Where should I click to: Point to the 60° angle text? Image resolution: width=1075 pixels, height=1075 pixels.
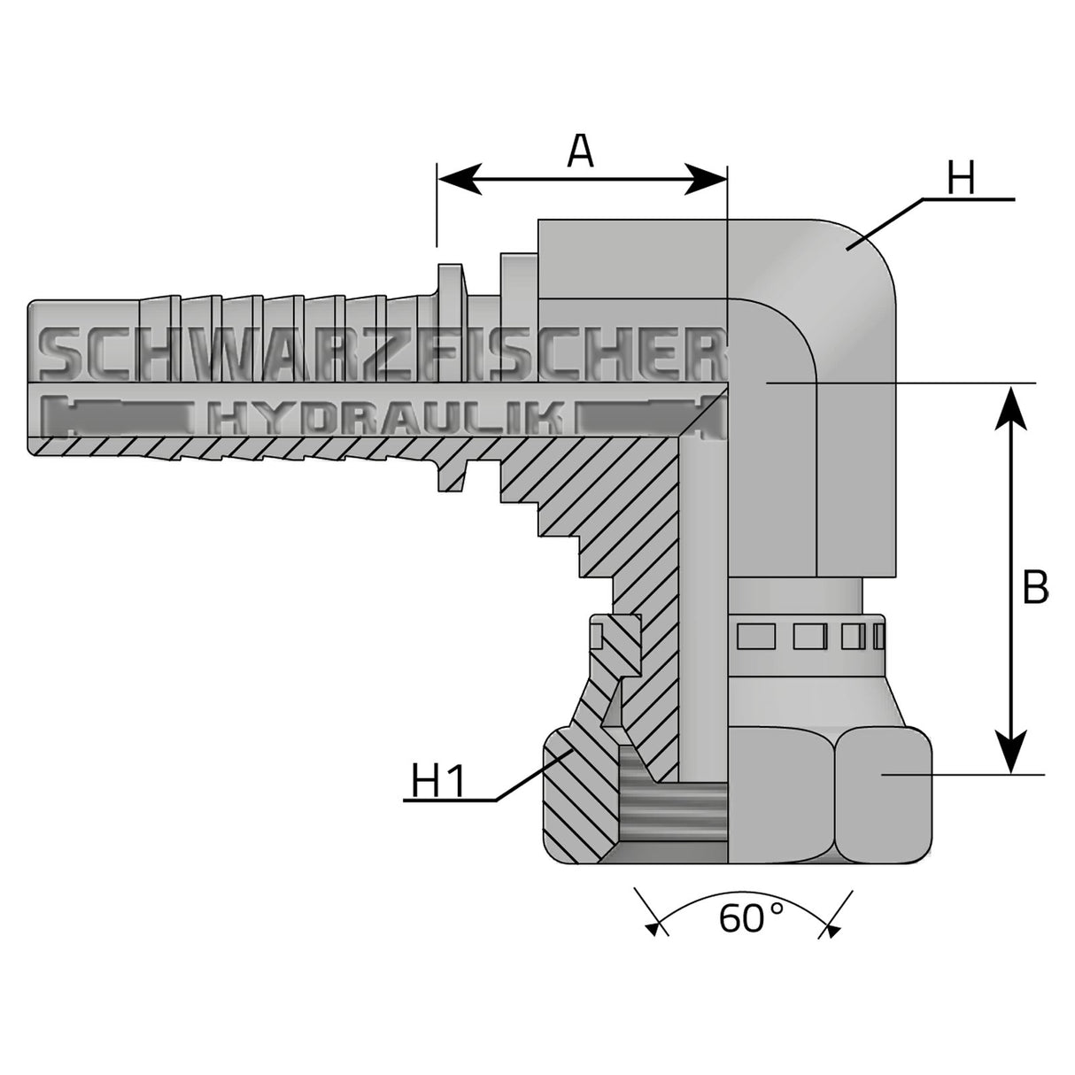tap(751, 918)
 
